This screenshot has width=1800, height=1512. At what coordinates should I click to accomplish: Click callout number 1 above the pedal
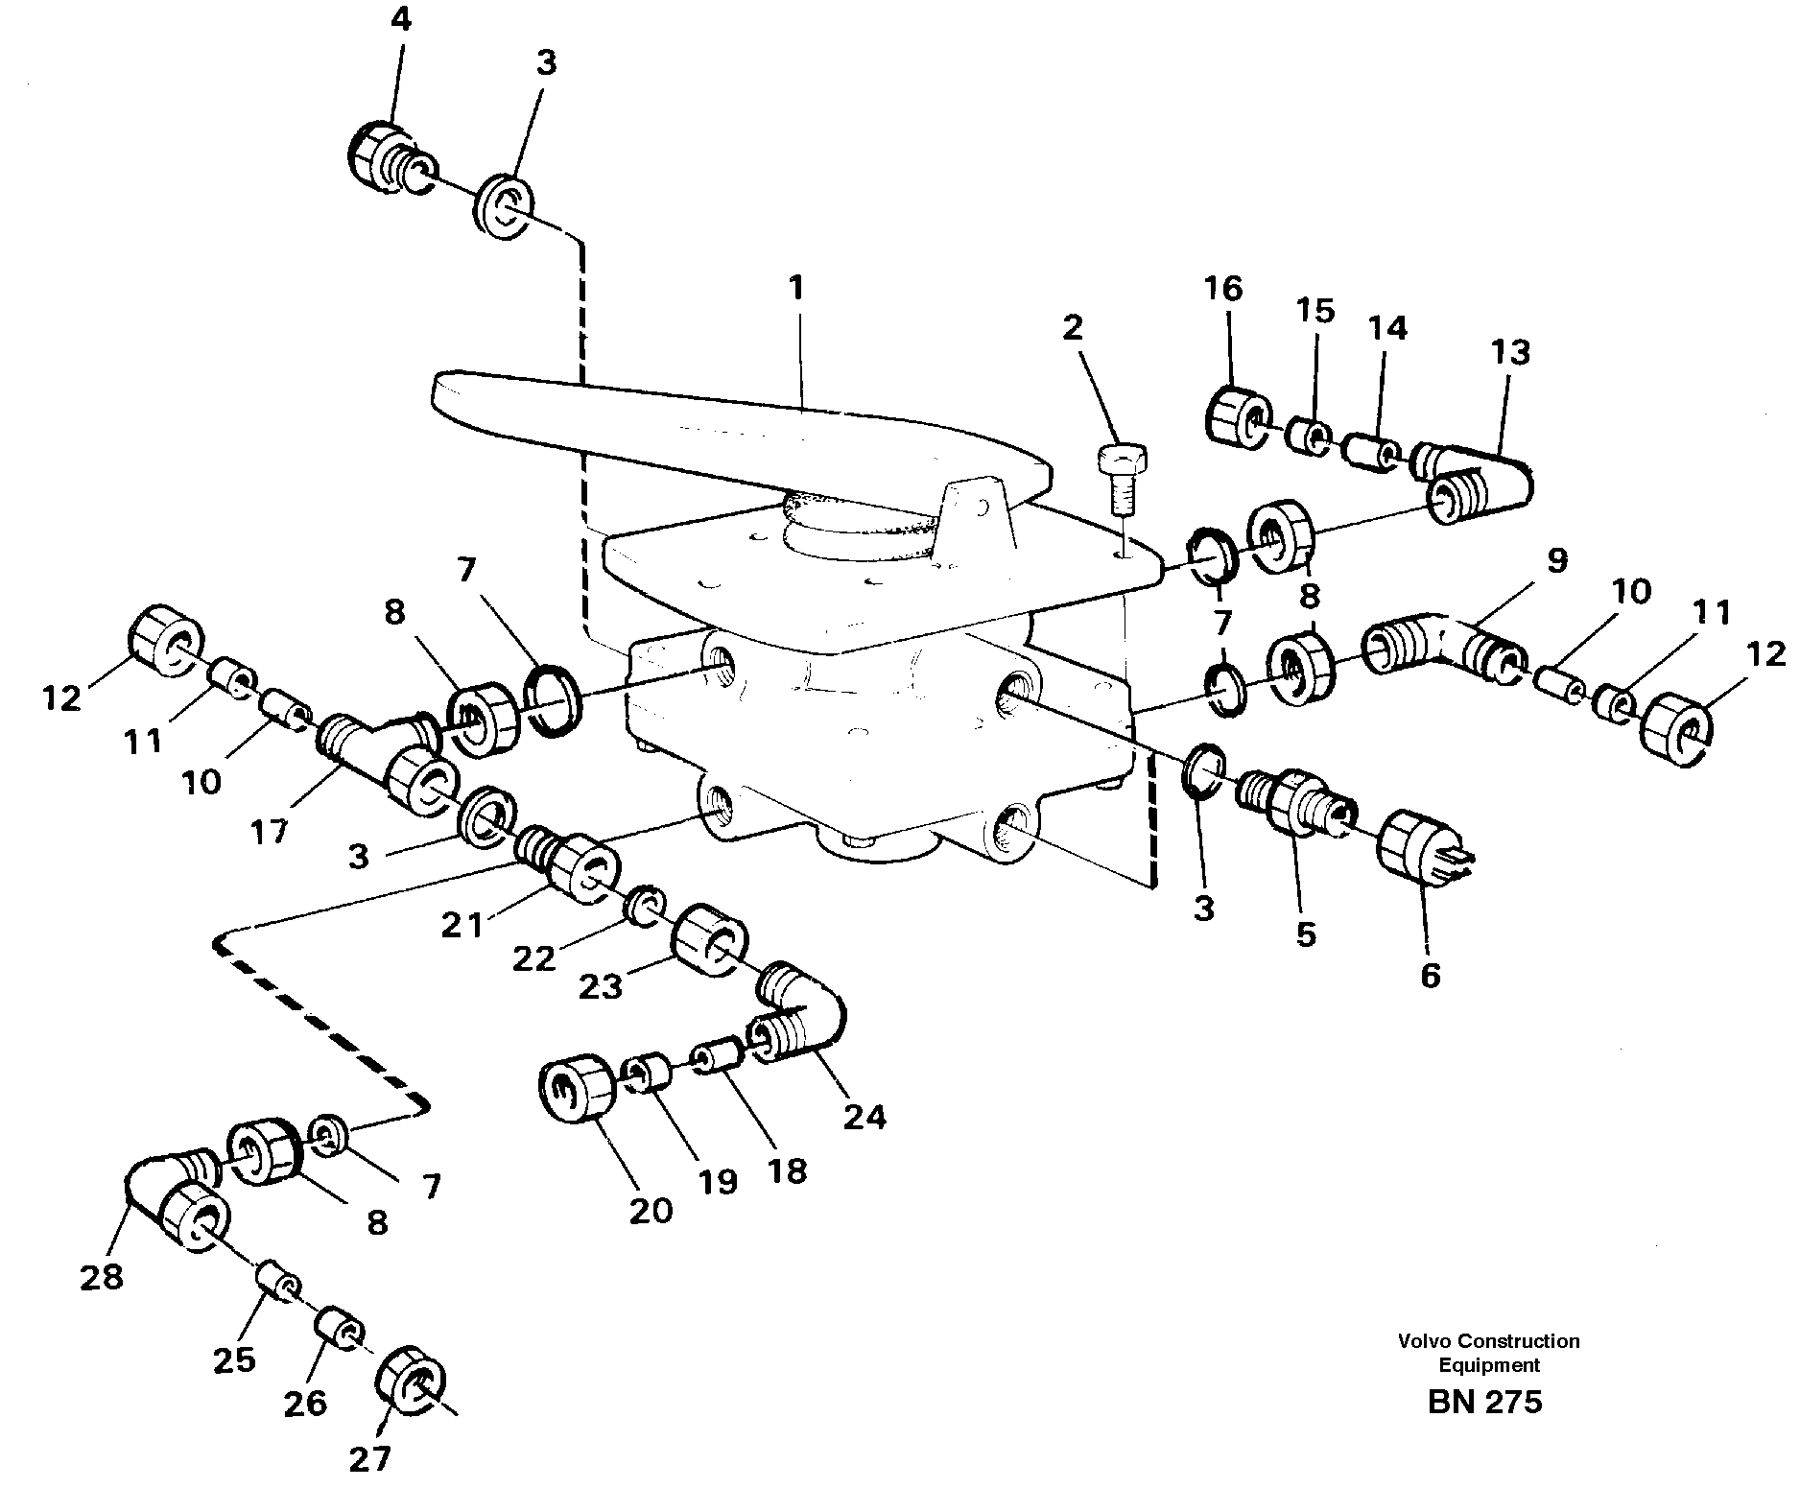click(x=795, y=289)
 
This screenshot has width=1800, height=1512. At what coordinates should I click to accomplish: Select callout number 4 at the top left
click(x=400, y=20)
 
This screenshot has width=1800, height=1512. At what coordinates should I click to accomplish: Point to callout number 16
click(x=1223, y=289)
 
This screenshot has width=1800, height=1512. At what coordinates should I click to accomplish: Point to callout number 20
click(x=651, y=1211)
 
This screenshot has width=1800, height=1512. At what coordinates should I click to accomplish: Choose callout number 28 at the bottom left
click(x=102, y=1277)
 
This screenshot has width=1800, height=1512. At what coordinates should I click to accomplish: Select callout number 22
click(x=533, y=958)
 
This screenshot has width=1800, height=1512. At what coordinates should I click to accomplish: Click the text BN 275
click(x=1484, y=1402)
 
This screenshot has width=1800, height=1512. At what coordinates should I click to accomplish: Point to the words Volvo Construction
click(x=1488, y=1341)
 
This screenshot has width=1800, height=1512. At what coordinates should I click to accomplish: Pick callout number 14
click(x=1387, y=328)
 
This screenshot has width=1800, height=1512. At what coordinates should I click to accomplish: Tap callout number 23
click(x=601, y=986)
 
